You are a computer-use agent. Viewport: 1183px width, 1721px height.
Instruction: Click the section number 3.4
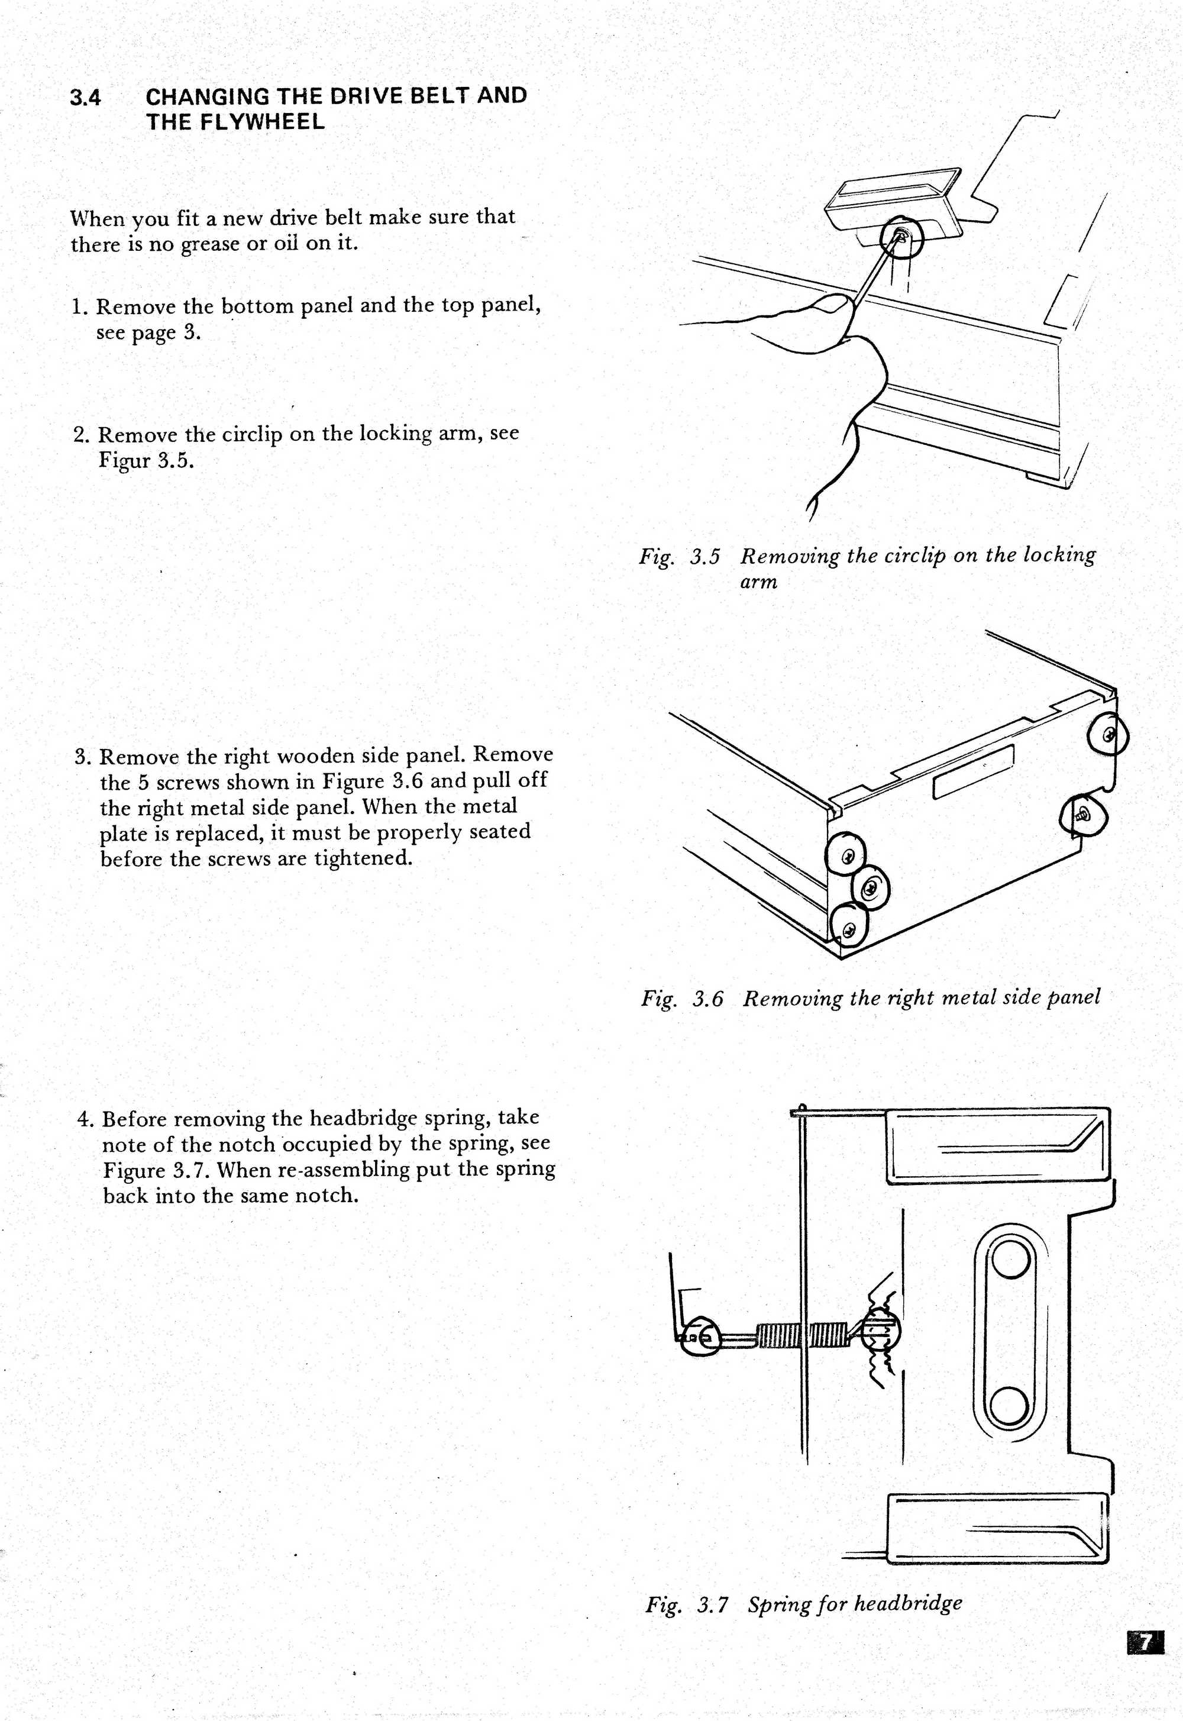tap(85, 97)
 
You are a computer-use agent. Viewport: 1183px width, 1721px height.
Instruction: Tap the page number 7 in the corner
tap(1145, 1642)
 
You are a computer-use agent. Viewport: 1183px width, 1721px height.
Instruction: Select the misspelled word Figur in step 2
tap(124, 461)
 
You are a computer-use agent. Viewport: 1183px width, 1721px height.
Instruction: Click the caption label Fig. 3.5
tap(679, 557)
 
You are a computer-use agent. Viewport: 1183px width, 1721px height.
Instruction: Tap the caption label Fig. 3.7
tap(686, 1606)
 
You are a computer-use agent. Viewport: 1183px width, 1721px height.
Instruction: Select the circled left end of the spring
tap(699, 1336)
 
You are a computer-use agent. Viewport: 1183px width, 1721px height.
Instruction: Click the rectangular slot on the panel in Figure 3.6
tap(973, 771)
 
